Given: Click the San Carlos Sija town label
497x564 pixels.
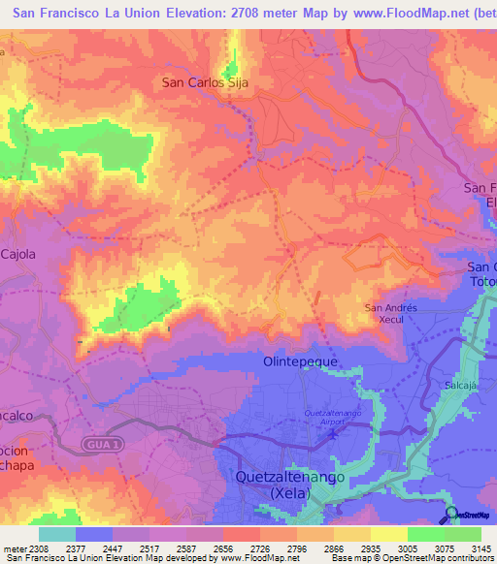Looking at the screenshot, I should click(x=206, y=83).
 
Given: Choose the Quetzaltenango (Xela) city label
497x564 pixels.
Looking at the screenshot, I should click(x=286, y=485).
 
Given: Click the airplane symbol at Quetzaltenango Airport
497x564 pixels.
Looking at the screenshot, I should click(x=334, y=432).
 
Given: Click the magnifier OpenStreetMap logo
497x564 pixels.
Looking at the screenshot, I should click(x=451, y=515).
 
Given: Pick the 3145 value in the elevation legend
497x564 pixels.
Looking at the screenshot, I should click(x=480, y=548).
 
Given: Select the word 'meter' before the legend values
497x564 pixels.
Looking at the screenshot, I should click(x=13, y=548).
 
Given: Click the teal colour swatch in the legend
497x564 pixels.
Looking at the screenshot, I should click(x=57, y=534).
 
